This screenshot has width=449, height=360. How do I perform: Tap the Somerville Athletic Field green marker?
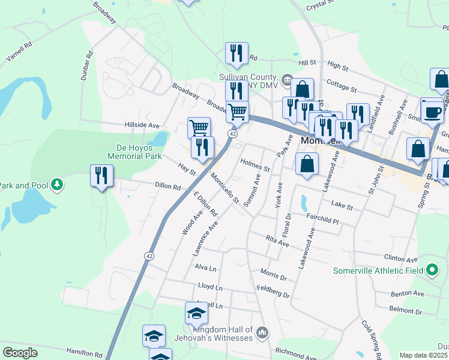(x=432, y=271)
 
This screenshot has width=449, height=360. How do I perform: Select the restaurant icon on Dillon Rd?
(x=101, y=176)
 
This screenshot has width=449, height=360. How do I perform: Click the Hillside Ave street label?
(x=142, y=126)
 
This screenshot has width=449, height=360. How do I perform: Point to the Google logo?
(x=20, y=353)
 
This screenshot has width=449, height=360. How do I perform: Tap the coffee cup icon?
(x=433, y=111)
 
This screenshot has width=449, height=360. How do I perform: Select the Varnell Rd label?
(x=19, y=52)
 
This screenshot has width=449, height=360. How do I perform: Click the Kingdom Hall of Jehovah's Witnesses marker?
(x=262, y=332)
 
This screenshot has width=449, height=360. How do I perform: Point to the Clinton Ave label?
(x=403, y=260)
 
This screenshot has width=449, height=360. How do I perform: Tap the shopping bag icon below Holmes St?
(x=307, y=164)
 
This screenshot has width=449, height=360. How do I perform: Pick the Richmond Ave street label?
(x=295, y=352)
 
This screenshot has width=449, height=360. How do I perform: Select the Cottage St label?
(x=342, y=86)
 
